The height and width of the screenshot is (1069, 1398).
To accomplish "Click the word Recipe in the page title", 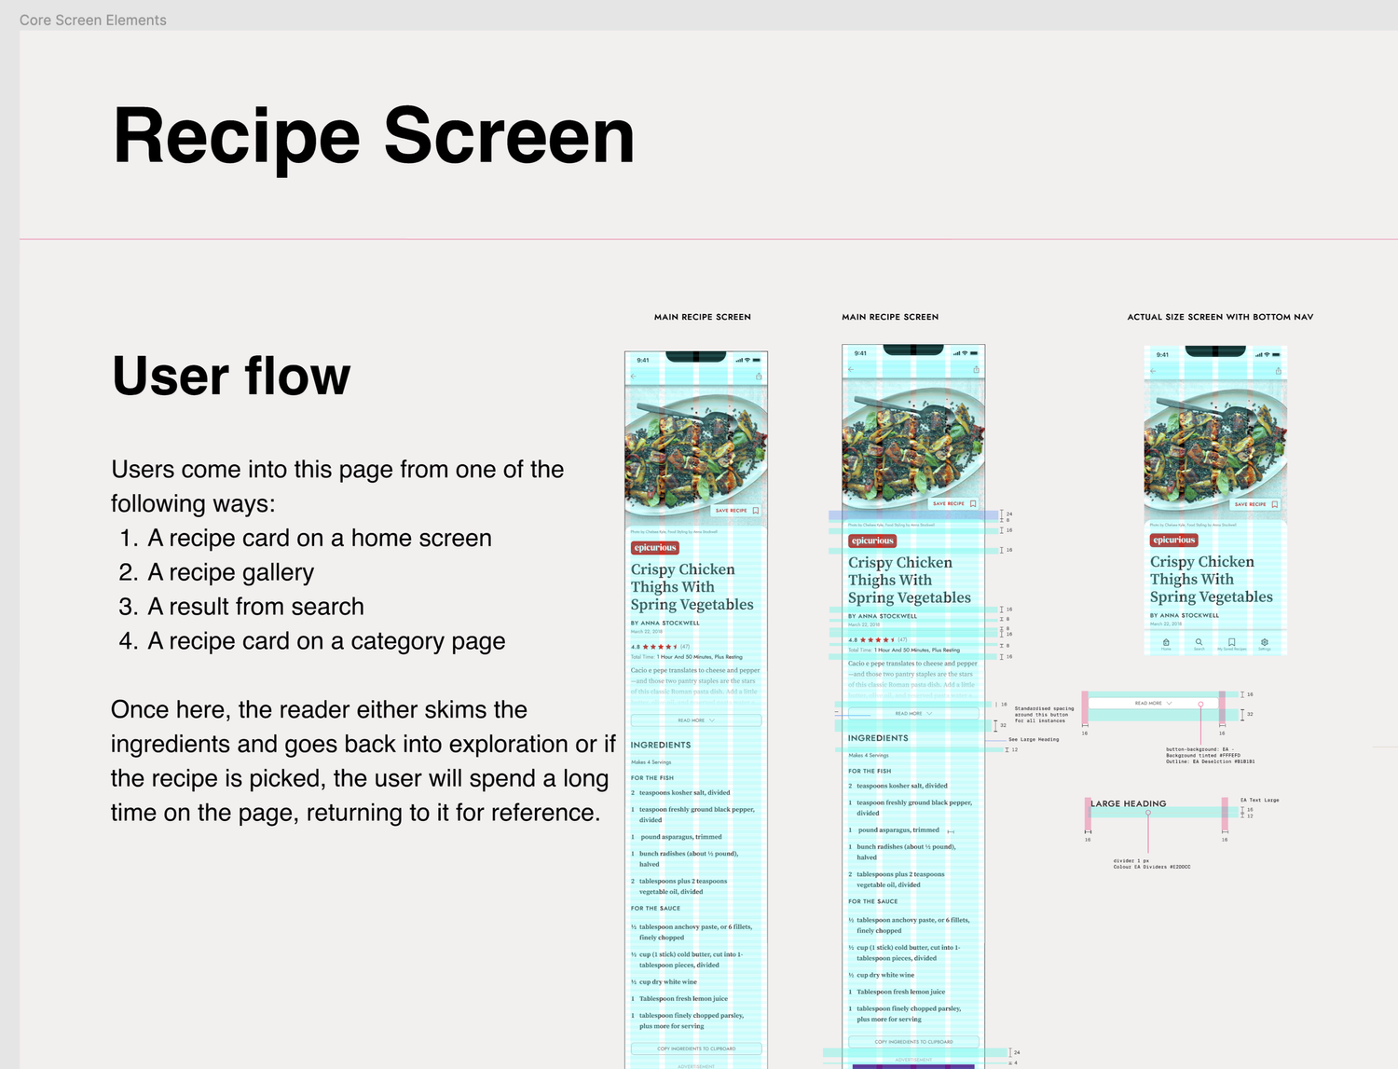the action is pos(236,137).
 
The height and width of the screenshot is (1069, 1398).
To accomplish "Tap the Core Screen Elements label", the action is pos(93,21).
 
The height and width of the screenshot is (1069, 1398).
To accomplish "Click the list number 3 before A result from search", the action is pos(128,607).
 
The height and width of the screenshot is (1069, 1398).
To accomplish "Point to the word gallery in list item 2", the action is pos(276,572).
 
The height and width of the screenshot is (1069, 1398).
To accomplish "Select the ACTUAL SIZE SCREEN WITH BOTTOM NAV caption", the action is pos(1220,317).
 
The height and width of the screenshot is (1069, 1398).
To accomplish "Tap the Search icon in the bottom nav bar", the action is pos(1199,642).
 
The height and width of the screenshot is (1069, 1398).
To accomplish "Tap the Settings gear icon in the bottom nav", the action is pos(1265,642).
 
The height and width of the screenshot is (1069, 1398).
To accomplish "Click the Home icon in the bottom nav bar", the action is pos(1166,642).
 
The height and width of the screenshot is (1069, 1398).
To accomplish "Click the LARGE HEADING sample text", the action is pos(1129,803).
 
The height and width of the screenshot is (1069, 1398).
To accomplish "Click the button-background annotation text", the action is pos(1196,749).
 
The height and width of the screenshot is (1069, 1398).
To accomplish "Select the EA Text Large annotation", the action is pos(1259,800).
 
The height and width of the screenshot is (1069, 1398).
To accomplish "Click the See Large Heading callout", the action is pos(1034,739).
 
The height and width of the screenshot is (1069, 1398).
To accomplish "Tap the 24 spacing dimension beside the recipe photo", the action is pos(1009,514).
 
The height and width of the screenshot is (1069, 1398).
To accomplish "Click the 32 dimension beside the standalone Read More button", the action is pos(1250,714).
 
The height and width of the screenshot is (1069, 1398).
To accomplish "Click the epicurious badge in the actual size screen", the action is pos(1173,540).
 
